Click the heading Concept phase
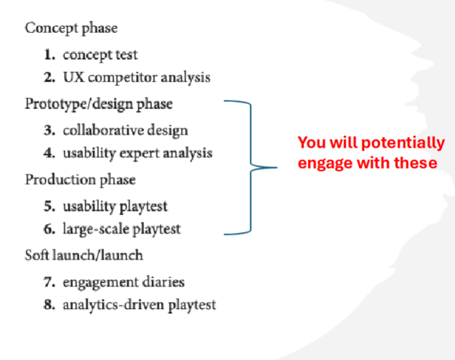click(x=71, y=28)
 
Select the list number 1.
click(x=50, y=55)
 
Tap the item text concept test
click(x=100, y=55)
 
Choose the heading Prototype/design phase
click(x=99, y=104)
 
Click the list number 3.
click(x=50, y=130)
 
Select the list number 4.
click(x=50, y=153)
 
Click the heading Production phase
click(x=80, y=180)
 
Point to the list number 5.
click(x=50, y=206)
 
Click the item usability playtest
click(x=115, y=207)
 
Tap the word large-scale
click(x=96, y=229)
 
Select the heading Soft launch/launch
click(x=84, y=255)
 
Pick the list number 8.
click(x=50, y=305)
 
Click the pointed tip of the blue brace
click(x=277, y=167)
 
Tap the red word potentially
click(x=403, y=143)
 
